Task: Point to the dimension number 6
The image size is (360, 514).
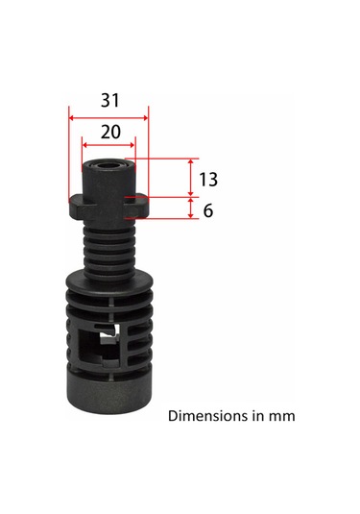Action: [208, 209]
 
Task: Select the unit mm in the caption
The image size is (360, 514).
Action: [281, 417]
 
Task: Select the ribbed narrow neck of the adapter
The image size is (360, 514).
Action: [107, 245]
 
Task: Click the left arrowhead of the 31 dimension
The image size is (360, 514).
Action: [71, 117]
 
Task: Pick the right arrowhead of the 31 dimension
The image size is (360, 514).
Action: [145, 117]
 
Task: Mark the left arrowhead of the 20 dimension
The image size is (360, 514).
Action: [85, 146]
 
